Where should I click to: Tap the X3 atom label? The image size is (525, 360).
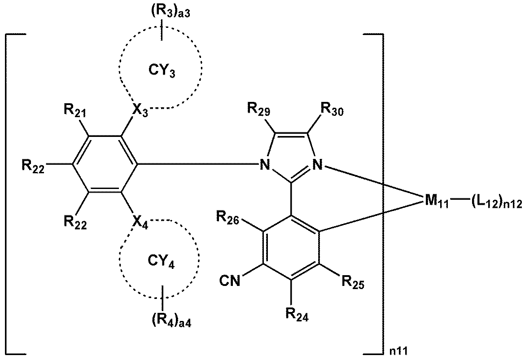pos(138,109)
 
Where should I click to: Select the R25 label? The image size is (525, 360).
pos(352,283)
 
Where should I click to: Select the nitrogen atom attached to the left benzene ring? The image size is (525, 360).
pos(265,166)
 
